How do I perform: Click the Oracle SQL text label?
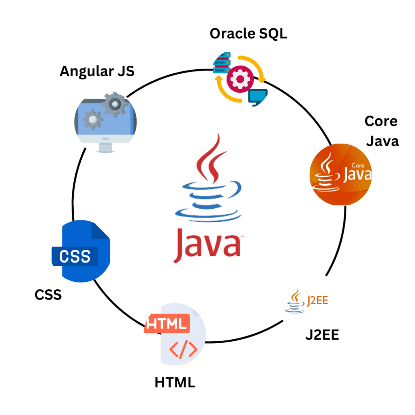[x=248, y=34]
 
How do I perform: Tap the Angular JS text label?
[x=97, y=71]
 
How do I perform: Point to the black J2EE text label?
[x=322, y=335]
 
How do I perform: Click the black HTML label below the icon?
[x=175, y=382]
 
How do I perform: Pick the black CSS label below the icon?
[x=48, y=295]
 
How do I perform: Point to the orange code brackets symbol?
[x=183, y=349]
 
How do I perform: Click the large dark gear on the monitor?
[x=115, y=104]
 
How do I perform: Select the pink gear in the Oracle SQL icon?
[x=238, y=79]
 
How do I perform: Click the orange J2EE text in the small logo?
[x=317, y=301]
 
